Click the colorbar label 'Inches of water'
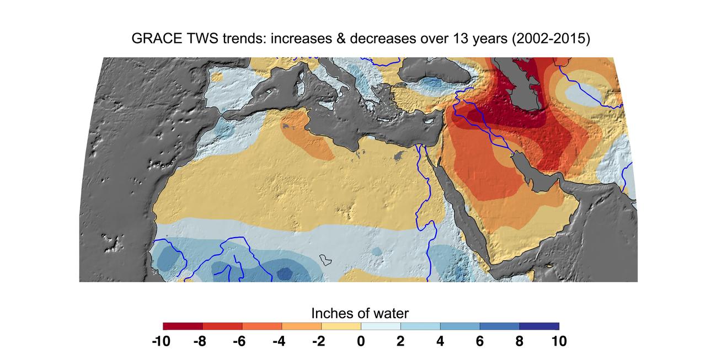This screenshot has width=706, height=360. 360,314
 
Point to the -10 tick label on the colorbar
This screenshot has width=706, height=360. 161,341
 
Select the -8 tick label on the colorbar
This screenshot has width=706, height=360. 200,341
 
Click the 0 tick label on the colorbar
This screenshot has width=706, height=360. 361,341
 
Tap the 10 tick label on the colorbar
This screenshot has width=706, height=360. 558,341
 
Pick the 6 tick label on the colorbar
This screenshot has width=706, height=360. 480,341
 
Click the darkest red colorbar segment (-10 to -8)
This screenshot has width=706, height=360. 183,326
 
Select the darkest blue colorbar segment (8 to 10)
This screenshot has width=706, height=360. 539,326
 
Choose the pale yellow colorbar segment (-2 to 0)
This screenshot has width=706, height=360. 341,326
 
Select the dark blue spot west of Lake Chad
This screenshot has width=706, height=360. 285,273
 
